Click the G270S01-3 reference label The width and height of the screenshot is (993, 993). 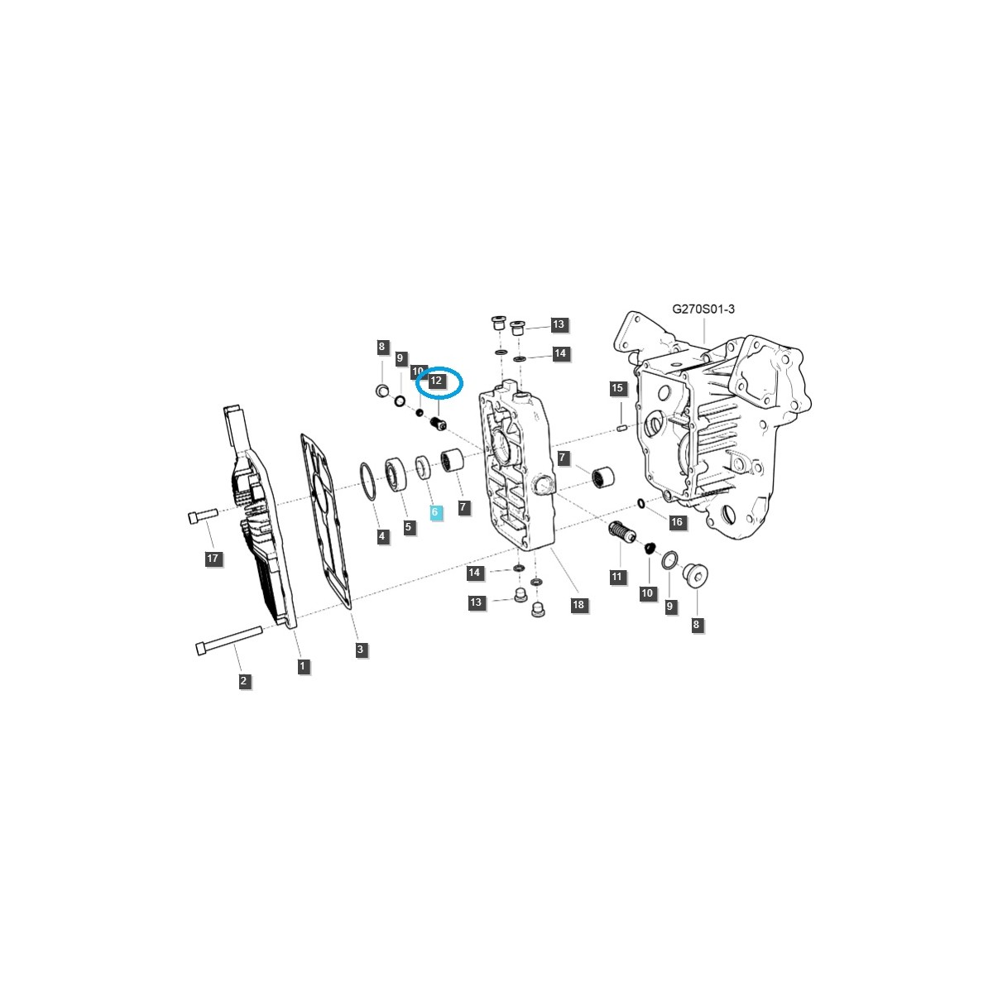tap(703, 309)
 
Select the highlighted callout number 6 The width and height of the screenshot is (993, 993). tap(436, 513)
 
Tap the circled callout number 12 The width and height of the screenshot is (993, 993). tap(437, 381)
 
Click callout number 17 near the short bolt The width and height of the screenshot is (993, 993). tap(213, 559)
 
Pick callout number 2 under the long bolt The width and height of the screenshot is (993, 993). tap(243, 681)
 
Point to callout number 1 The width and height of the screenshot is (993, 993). tap(303, 665)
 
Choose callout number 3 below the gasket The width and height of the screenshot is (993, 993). tap(360, 650)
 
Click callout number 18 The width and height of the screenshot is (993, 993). tap(578, 605)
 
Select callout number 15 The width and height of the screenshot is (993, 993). tap(616, 388)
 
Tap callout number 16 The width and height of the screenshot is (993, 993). tap(676, 522)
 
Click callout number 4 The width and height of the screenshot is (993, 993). tap(381, 536)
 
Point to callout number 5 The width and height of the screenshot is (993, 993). tap(410, 527)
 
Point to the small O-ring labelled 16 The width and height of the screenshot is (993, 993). tap(641, 504)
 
